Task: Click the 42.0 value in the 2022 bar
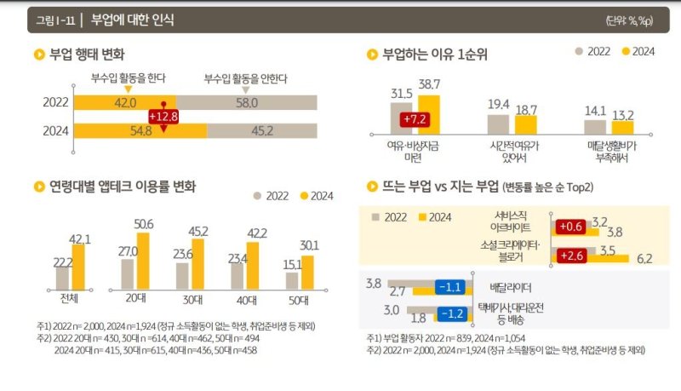pyautogui.click(x=126, y=102)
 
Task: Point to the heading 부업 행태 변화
pyautogui.click(x=87, y=55)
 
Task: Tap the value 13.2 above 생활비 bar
pyautogui.click(x=624, y=115)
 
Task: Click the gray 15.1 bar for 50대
pyautogui.click(x=292, y=280)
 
